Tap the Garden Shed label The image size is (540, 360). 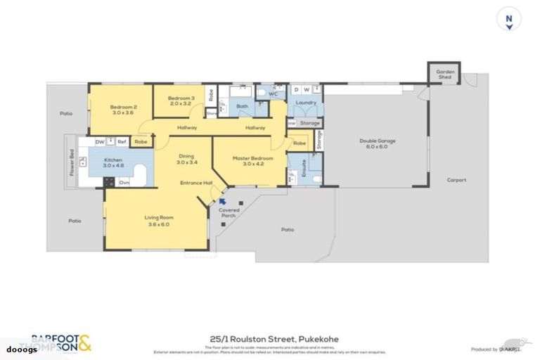point(444,74)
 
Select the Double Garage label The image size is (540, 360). point(377,143)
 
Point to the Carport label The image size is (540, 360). point(456,180)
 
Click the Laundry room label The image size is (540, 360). point(304,103)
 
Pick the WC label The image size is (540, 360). point(274,94)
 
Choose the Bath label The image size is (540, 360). point(242,107)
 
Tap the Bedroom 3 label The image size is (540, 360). point(181,100)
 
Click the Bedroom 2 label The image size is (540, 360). point(122,109)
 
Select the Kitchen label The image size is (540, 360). point(113,162)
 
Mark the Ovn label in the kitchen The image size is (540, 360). point(124,183)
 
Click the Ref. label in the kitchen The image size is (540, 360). point(122,141)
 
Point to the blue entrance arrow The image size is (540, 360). point(222,201)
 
